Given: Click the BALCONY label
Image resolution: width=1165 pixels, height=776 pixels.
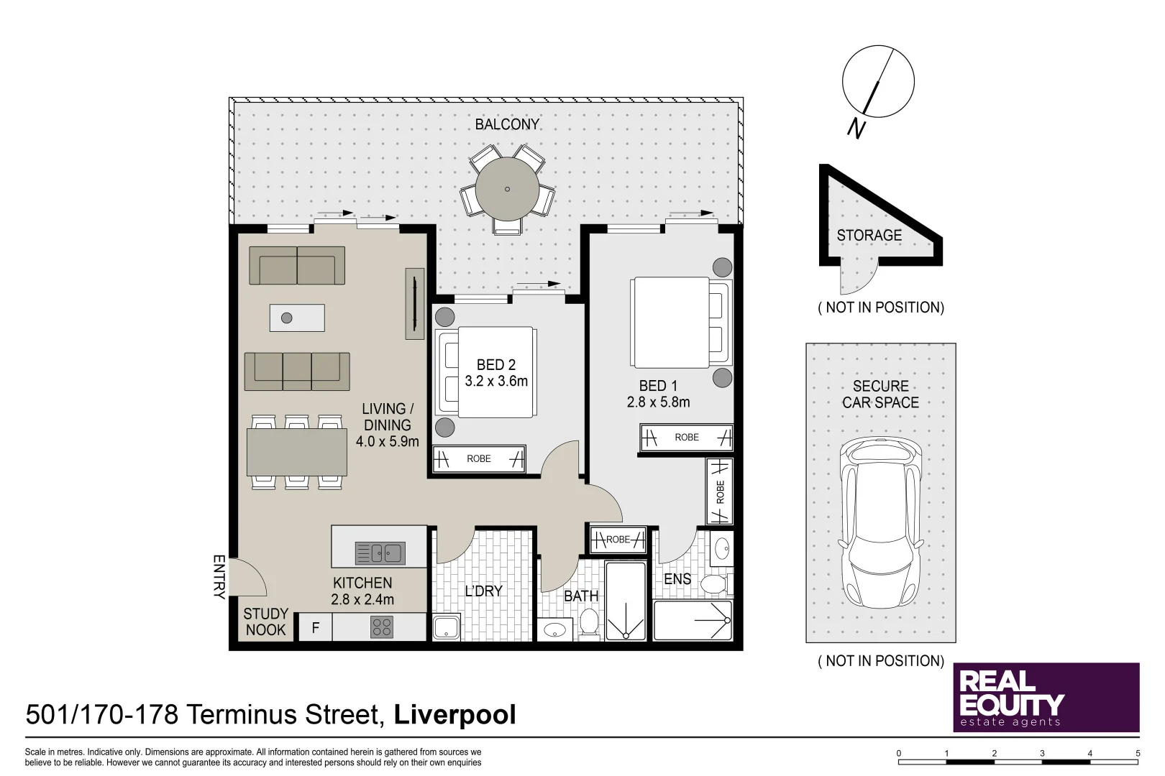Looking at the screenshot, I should click(507, 124).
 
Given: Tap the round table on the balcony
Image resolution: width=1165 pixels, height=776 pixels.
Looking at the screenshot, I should click(507, 189).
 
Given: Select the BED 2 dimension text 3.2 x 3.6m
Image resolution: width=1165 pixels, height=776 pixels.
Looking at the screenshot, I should click(496, 382).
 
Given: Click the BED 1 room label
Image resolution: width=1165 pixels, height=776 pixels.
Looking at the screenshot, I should click(658, 386).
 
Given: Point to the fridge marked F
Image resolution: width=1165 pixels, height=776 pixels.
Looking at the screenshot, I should click(315, 628).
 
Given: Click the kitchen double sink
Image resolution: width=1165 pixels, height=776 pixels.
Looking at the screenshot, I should click(380, 553).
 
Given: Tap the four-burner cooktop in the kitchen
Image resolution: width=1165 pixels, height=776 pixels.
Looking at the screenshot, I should click(382, 627).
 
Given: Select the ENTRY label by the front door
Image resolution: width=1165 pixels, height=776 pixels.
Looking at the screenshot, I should click(219, 576).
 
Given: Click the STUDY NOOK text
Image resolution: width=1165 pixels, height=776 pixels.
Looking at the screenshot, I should click(265, 622).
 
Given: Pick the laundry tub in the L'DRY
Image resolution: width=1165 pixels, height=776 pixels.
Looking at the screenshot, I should click(447, 627).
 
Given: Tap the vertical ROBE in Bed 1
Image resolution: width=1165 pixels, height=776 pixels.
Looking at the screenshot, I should click(720, 492).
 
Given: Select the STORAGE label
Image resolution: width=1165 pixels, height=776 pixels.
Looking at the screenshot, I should click(869, 236).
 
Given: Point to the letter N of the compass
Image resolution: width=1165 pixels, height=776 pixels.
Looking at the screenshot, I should click(855, 129).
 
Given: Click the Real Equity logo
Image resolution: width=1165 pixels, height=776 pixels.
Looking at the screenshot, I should click(1046, 697).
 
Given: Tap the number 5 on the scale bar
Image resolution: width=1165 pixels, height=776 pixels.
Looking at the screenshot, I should click(1138, 753).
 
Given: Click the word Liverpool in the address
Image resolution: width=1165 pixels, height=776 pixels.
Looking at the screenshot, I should click(454, 715).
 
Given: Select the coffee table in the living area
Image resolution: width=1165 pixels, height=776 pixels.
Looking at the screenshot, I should click(297, 318).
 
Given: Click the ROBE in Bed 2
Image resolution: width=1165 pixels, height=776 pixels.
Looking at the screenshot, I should click(479, 459).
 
